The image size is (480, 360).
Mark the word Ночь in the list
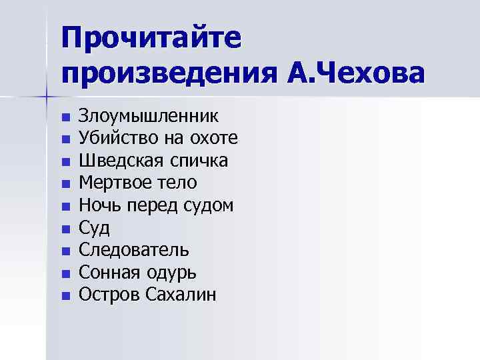(97, 205)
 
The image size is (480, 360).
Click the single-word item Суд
(94, 228)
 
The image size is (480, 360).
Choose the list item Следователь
(134, 250)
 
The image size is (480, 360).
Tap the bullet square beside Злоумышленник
(65, 118)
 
